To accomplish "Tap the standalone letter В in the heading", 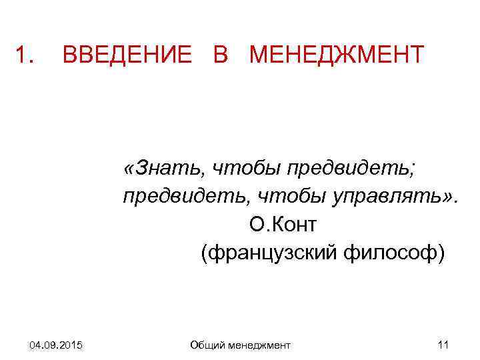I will (x=221, y=55).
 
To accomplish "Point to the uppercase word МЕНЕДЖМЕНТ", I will (x=336, y=55).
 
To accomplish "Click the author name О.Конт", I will (x=284, y=225).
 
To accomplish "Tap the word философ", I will (x=394, y=254).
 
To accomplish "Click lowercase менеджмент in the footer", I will (x=259, y=345).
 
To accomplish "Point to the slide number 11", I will (x=443, y=345).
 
